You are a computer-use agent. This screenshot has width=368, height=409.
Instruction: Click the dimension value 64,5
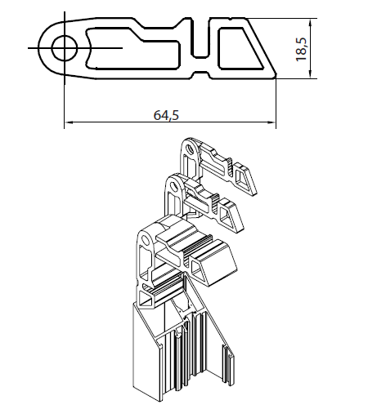click(166, 115)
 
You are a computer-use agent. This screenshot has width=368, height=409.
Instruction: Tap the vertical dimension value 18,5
click(301, 49)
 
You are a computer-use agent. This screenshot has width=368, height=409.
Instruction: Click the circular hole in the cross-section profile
click(65, 48)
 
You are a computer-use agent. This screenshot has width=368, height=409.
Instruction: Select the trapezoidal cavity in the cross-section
click(238, 48)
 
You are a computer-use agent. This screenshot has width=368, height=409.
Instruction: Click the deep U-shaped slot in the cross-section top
click(200, 38)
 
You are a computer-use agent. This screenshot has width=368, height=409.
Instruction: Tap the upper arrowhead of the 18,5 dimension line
click(311, 23)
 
